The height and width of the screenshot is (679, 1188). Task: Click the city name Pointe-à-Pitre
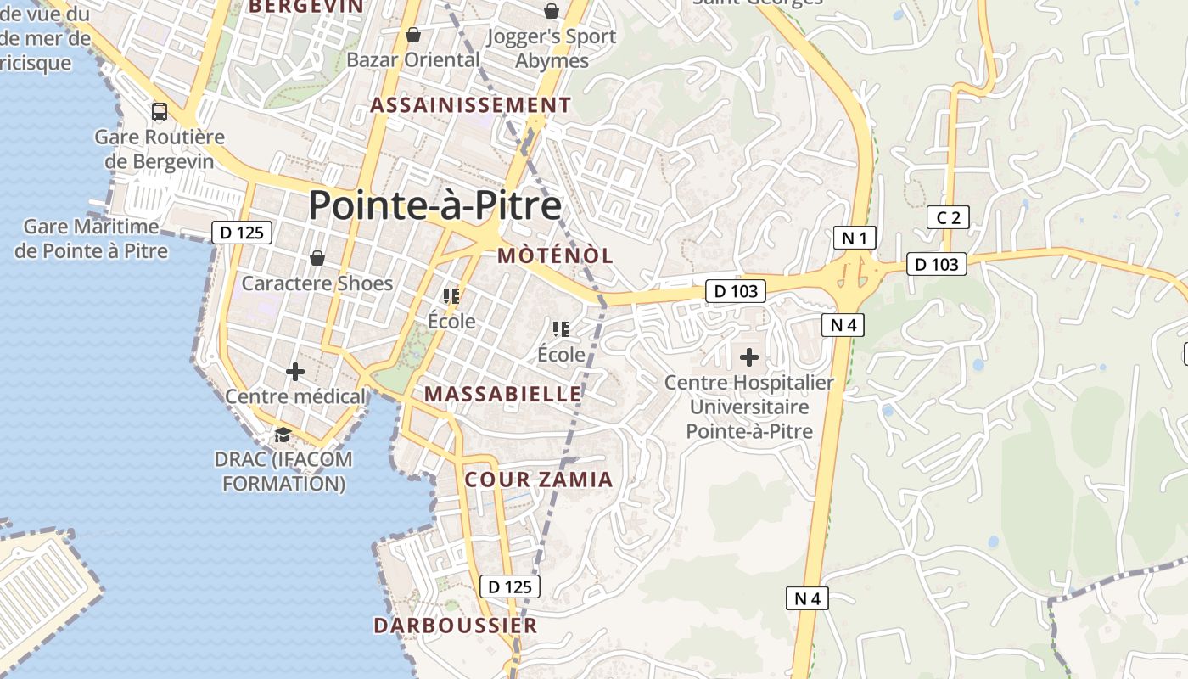(x=434, y=206)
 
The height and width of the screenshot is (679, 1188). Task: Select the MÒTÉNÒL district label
(x=555, y=255)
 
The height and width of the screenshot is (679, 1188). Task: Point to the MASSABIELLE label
(x=503, y=394)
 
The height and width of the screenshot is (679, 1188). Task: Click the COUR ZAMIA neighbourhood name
(x=539, y=480)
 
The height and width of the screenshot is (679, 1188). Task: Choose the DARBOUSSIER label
(x=456, y=626)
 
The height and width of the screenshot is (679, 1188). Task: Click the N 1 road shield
(x=854, y=238)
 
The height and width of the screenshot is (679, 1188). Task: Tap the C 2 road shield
(x=948, y=217)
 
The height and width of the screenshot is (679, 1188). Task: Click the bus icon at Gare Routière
(x=159, y=111)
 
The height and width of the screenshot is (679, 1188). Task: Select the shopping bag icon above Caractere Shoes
(x=317, y=257)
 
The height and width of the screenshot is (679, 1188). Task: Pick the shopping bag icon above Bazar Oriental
(x=413, y=35)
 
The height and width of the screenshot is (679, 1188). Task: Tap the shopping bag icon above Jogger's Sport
(x=552, y=11)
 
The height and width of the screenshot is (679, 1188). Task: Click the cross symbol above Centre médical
(x=295, y=371)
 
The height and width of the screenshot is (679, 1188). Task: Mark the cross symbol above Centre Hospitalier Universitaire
(x=749, y=357)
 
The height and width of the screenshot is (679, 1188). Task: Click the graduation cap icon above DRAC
(x=283, y=435)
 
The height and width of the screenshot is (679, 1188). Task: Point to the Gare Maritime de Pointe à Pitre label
(x=91, y=238)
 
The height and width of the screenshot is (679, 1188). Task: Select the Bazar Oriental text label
(x=413, y=59)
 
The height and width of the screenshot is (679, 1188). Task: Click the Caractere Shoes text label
(x=317, y=283)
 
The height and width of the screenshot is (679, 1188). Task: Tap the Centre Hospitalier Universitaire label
(x=749, y=407)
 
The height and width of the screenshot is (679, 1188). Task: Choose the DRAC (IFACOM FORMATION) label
(x=283, y=471)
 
